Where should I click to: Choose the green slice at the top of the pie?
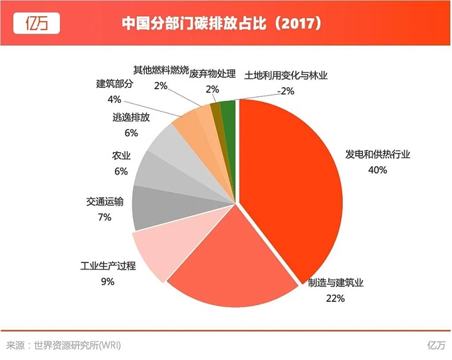click(228, 111)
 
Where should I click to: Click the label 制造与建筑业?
click(336, 283)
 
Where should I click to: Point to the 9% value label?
click(107, 281)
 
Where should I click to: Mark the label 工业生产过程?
click(107, 266)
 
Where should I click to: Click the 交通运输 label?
click(105, 203)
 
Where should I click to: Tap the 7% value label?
click(105, 218)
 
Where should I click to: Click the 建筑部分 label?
click(114, 85)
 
